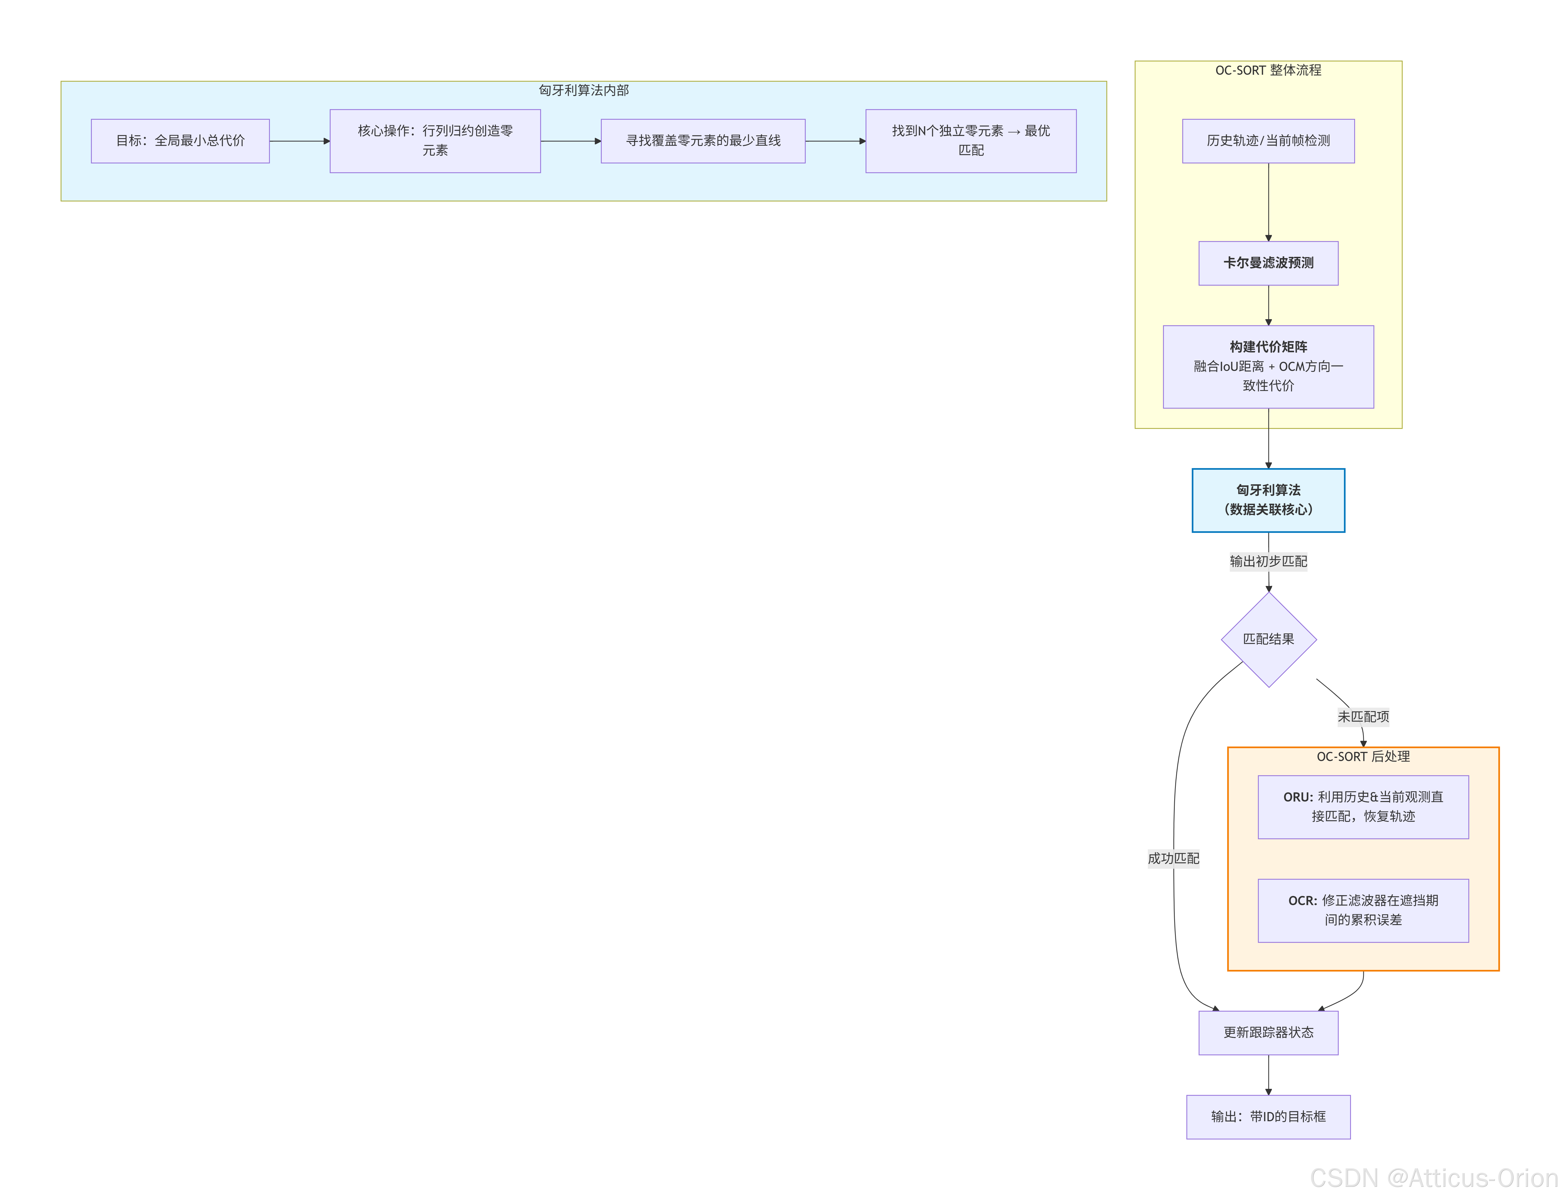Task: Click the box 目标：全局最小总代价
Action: coord(180,141)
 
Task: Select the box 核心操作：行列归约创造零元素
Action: coord(435,141)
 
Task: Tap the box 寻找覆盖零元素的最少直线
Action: coord(703,141)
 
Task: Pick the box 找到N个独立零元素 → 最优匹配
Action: coord(971,141)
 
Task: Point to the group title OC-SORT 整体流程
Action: coord(1269,70)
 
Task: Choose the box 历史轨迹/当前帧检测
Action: coord(1269,141)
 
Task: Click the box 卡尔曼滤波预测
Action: coord(1269,263)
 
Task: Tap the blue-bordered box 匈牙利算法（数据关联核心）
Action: coord(1269,500)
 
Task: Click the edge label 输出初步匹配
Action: coord(1269,561)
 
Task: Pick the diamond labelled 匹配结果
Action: coord(1269,639)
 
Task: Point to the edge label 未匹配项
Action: coord(1363,717)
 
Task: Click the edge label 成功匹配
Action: coord(1174,858)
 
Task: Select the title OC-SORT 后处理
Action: coord(1363,756)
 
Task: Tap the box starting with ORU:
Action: coord(1363,806)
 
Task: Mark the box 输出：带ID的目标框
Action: coord(1269,1116)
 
